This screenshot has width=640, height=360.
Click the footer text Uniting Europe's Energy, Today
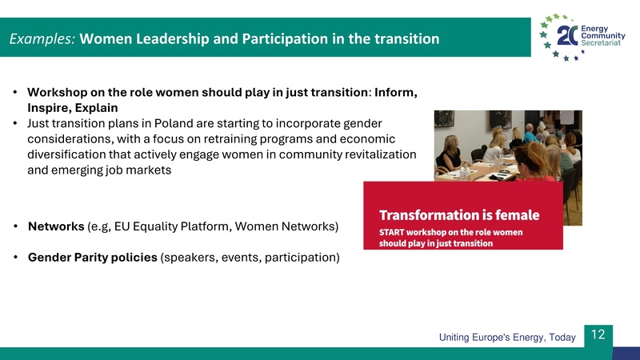[507, 338]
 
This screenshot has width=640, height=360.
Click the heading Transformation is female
[458, 215]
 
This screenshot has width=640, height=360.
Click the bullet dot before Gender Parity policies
[16, 258]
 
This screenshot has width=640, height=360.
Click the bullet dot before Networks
[16, 226]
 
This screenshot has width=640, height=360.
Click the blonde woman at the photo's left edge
[447, 154]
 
